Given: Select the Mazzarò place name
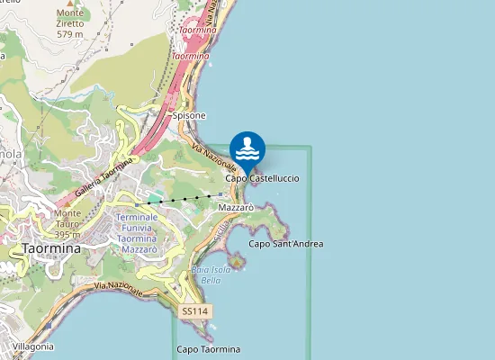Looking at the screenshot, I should click(236, 207).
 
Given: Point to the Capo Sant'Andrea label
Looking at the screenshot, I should click(285, 244).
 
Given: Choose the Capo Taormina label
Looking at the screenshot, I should click(209, 349).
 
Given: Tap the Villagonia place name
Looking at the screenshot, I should click(32, 346).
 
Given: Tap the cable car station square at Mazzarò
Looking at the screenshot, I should click(220, 193).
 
